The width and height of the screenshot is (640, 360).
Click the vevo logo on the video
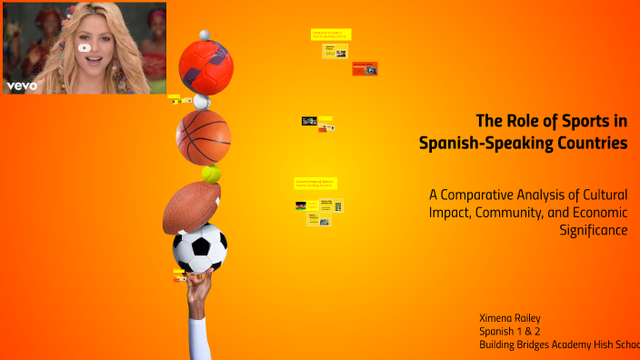click(21, 85)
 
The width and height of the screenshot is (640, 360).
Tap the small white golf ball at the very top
click(205, 35)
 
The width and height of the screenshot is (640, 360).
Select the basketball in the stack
click(203, 136)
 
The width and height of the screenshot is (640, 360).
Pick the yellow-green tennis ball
click(212, 173)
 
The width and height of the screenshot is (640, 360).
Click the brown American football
click(191, 206)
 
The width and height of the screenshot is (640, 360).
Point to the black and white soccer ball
click(200, 248)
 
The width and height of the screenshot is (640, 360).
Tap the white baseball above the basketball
click(202, 102)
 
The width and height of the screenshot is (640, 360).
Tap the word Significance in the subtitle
click(595, 230)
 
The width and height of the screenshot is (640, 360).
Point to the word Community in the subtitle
click(521, 212)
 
